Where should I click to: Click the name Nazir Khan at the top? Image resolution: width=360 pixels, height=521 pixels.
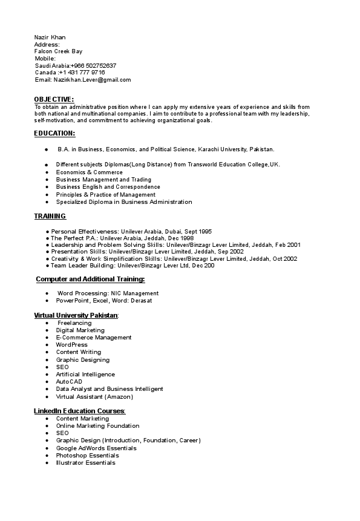[50, 38]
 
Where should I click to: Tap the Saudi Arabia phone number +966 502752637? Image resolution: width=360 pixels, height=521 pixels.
[94, 65]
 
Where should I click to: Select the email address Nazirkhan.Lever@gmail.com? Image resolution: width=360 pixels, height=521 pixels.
[92, 80]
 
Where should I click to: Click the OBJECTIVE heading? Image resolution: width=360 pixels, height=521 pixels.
[54, 99]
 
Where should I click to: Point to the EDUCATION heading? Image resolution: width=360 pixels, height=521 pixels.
[54, 133]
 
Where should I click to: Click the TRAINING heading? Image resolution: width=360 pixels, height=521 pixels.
[50, 216]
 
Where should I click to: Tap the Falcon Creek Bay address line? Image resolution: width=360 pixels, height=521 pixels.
[58, 51]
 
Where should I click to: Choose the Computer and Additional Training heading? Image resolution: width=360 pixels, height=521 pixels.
[91, 279]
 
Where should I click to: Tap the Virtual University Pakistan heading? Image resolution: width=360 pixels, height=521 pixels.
[76, 315]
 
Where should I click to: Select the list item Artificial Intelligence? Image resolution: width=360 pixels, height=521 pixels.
[85, 375]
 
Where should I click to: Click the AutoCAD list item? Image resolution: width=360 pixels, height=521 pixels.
[69, 382]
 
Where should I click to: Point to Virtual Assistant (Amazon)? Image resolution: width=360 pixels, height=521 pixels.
[94, 397]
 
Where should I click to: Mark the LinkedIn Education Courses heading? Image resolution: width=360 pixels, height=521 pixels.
[79, 411]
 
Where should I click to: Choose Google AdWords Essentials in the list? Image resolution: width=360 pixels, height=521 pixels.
[96, 448]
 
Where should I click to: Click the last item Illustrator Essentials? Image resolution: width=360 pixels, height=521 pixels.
[85, 463]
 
